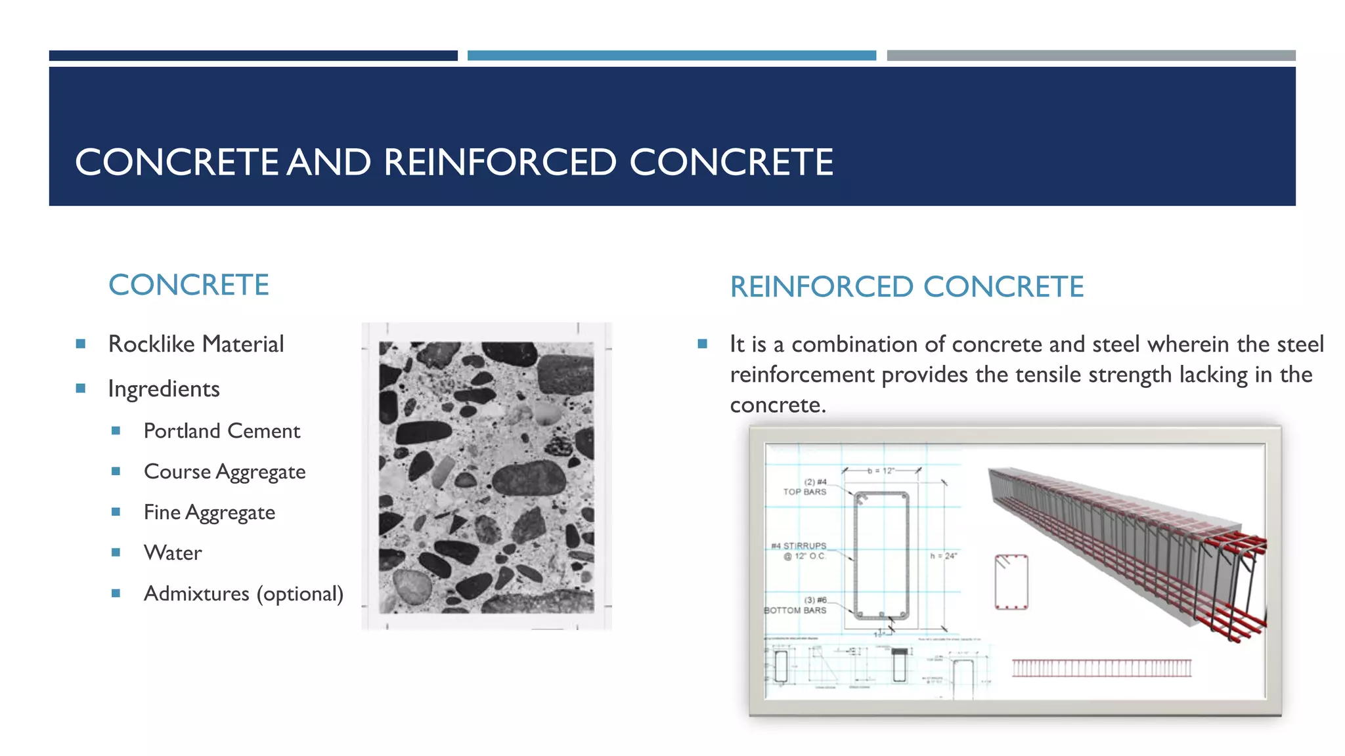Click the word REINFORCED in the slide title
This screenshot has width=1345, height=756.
point(499,162)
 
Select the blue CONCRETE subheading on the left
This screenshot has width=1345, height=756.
point(188,285)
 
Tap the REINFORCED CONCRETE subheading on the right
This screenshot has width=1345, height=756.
point(906,287)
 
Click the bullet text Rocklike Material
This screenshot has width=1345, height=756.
point(196,344)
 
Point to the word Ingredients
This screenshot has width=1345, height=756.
point(164,389)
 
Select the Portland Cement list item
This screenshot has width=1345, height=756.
point(221,431)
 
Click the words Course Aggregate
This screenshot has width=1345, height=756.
point(225,472)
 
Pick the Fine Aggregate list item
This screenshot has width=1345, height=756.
point(209,513)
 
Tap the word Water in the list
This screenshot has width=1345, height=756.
point(173,553)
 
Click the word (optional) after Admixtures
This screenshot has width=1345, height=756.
point(300,594)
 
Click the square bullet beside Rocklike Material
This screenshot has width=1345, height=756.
point(81,344)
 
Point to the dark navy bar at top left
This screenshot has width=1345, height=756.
point(253,56)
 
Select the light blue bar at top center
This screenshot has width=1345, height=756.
point(671,56)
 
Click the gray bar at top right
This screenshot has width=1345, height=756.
point(1091,56)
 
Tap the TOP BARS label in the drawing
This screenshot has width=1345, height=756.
point(805,492)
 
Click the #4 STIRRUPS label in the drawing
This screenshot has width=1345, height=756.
point(799,546)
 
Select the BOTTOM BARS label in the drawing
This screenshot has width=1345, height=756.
point(795,610)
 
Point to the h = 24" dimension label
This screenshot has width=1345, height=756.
point(944,556)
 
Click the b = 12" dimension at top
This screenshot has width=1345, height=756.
point(881,471)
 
